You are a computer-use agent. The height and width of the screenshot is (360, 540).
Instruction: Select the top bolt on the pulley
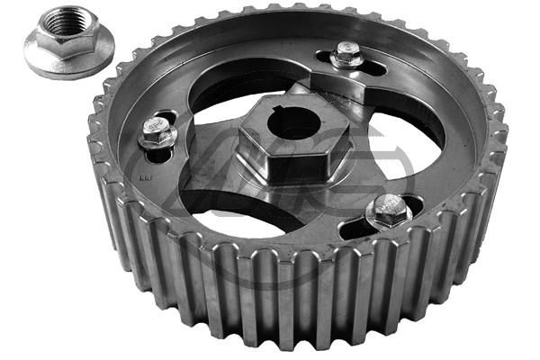[346, 57]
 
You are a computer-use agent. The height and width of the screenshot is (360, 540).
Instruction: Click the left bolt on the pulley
[158, 133]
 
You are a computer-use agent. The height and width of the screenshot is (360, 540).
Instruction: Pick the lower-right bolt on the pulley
[389, 211]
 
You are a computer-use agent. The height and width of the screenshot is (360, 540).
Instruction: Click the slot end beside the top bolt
[373, 67]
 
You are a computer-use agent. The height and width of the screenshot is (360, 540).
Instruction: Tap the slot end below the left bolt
[160, 157]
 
